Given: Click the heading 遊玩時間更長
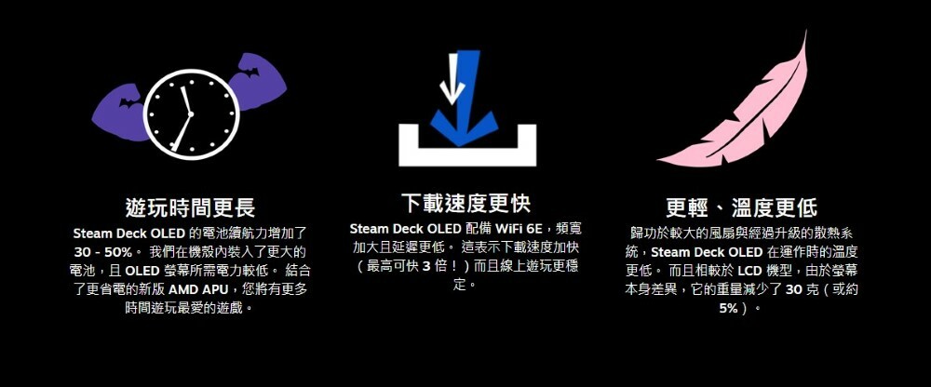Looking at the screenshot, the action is (x=190, y=207).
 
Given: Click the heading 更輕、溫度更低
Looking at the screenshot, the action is (x=741, y=207).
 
